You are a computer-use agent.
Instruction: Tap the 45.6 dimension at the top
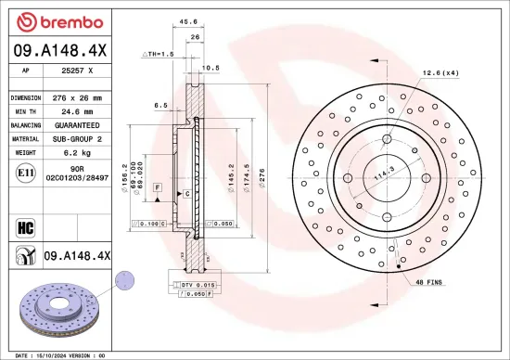tap(187, 20)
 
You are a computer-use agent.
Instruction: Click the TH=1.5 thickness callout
tap(157, 55)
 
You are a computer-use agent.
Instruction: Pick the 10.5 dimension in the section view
tap(210, 68)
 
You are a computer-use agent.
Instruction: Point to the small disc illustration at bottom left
tap(57, 305)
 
